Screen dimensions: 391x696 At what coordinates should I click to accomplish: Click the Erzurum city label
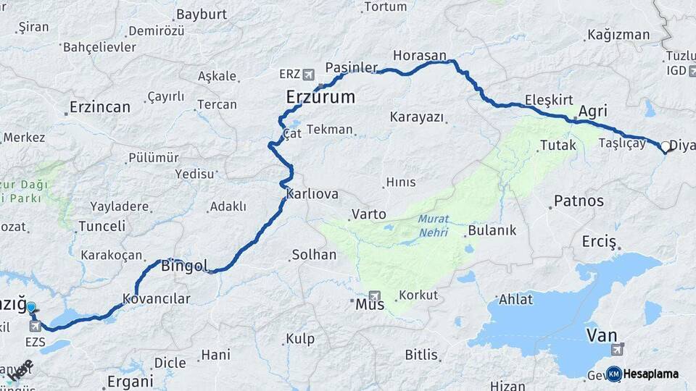[x=320, y=97]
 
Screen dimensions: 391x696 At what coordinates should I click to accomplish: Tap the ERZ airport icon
[x=309, y=74]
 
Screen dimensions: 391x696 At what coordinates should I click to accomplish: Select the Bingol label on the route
[x=184, y=265]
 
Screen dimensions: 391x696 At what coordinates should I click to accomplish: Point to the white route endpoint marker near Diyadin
[x=665, y=146]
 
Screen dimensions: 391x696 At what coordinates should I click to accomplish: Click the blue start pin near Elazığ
[x=31, y=308]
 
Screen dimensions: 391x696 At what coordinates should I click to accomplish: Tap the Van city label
[x=600, y=335]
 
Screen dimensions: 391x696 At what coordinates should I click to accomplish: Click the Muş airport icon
[x=374, y=295]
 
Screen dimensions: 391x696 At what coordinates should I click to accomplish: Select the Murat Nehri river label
[x=433, y=226]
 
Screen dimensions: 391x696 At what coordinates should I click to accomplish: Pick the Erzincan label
[x=99, y=107]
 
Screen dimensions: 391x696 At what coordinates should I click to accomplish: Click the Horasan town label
[x=420, y=55]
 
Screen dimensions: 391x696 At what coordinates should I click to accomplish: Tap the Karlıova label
[x=312, y=194]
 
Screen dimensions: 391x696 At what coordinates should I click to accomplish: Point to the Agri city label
[x=593, y=112]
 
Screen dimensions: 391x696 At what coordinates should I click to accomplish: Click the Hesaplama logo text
[x=651, y=374]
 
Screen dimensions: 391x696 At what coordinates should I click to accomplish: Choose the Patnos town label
[x=578, y=201]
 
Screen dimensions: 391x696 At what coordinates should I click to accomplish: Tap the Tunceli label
[x=101, y=226]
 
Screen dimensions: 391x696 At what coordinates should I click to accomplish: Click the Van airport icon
[x=618, y=350]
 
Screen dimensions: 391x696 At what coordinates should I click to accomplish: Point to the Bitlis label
[x=421, y=355]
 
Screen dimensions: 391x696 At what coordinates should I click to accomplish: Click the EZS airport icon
[x=35, y=326]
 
